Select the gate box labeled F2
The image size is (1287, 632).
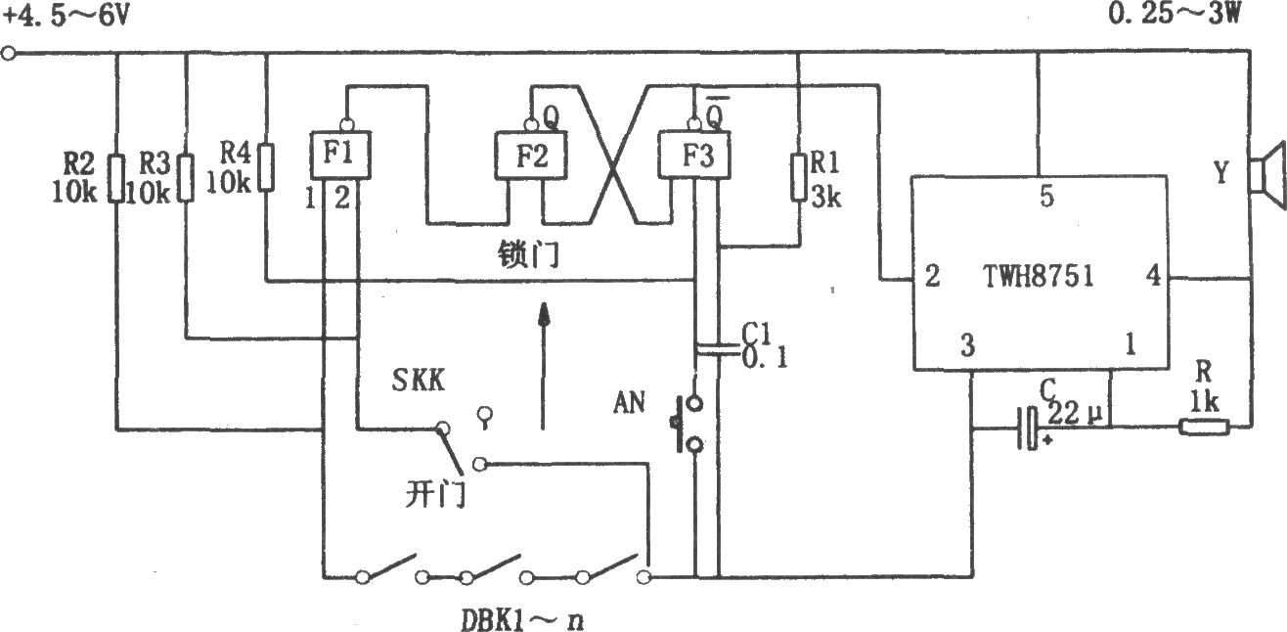click(x=531, y=156)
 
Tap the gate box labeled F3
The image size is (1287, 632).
click(x=694, y=156)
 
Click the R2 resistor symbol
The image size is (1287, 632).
click(x=116, y=178)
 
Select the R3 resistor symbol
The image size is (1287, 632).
click(x=185, y=177)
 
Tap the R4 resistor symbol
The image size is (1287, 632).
click(x=265, y=166)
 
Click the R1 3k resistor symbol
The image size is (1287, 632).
click(x=799, y=177)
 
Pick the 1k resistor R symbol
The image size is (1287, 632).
click(x=1204, y=428)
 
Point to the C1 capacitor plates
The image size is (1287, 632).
click(x=717, y=349)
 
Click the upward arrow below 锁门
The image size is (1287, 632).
click(x=543, y=365)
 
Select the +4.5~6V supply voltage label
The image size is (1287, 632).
click(x=67, y=16)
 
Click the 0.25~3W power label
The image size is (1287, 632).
click(x=1174, y=13)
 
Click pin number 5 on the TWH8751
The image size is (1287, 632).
click(x=1046, y=197)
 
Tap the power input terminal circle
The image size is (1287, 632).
click(x=8, y=54)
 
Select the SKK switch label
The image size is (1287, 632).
click(x=419, y=380)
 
